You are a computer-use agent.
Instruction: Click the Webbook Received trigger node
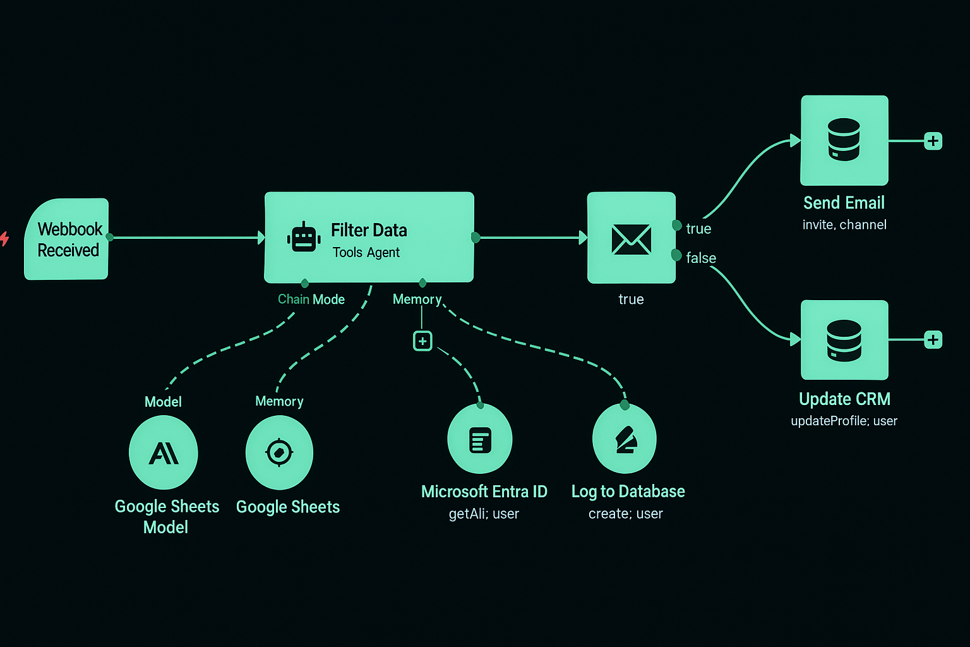click(x=66, y=239)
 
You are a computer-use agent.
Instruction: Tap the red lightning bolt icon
click(x=4, y=239)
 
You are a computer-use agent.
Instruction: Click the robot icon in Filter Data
click(x=304, y=238)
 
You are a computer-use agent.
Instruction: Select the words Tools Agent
click(x=366, y=253)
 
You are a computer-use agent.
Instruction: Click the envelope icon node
click(x=631, y=238)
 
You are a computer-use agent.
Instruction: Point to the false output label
click(x=701, y=258)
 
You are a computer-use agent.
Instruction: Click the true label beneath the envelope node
click(x=631, y=299)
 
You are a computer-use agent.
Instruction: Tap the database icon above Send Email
click(x=844, y=140)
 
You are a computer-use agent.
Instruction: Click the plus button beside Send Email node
click(x=933, y=141)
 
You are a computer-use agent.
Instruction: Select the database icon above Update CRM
click(x=844, y=340)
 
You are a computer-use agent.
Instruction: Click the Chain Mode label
click(x=311, y=299)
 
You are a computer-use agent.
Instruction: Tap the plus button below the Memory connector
click(x=422, y=341)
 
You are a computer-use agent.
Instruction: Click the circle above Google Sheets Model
click(x=164, y=452)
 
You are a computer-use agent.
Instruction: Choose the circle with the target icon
click(x=279, y=452)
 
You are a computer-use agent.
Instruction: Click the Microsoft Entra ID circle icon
click(x=480, y=440)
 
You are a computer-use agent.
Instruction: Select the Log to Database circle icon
click(x=625, y=440)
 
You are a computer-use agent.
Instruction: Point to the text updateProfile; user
click(x=844, y=421)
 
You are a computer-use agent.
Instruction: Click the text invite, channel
click(x=844, y=225)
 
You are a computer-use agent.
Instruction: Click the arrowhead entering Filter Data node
click(x=261, y=238)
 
